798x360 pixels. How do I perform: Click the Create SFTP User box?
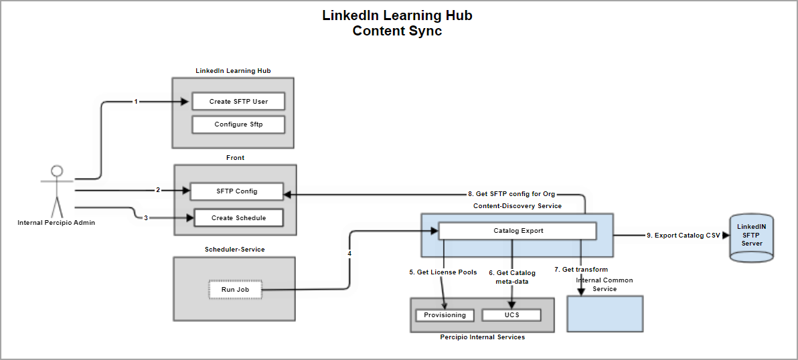(238, 102)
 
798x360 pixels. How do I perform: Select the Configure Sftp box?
(238, 124)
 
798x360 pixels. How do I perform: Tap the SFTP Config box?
(237, 191)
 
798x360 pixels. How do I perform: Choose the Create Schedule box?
(238, 217)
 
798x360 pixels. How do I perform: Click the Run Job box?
(234, 289)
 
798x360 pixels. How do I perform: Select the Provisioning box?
(445, 315)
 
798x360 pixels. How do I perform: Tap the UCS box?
(511, 315)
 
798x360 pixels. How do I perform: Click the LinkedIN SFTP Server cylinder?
(751, 236)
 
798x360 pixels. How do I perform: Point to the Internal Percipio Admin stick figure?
(57, 190)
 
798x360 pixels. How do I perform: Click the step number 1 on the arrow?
(136, 102)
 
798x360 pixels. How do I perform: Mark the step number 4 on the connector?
(349, 254)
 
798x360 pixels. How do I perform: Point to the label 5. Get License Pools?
(443, 272)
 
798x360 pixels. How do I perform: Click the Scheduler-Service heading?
(234, 250)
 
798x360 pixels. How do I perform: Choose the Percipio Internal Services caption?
(482, 337)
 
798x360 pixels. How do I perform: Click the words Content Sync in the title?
(398, 31)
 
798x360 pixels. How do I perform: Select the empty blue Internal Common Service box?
(605, 313)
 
